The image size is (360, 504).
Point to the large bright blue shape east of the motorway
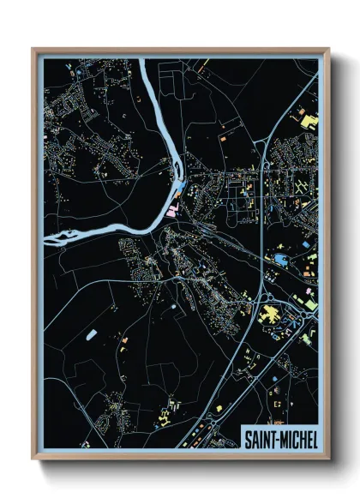(x=281, y=256)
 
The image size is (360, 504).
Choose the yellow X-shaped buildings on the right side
(x=301, y=186)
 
